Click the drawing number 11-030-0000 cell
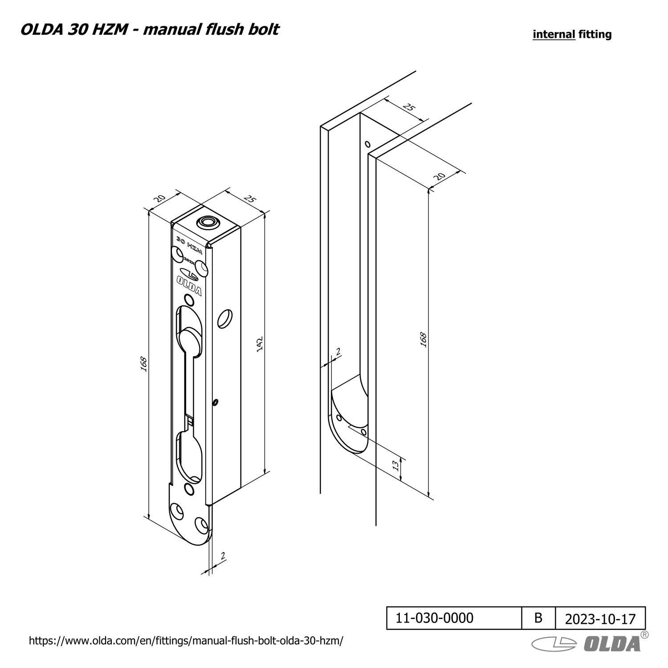pos(434,618)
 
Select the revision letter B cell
pos(538,618)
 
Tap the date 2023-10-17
pos(600,619)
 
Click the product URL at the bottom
pos(186,641)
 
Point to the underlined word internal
pos(554,34)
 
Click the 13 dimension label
pos(395,465)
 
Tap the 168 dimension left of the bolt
pos(143,364)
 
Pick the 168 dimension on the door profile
pos(423,340)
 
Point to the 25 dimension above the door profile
pos(408,107)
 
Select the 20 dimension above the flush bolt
pos(159,198)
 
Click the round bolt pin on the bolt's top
pos(208,221)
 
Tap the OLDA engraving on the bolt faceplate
pos(189,285)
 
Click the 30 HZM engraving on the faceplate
pos(189,245)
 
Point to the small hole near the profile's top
pos(367,144)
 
